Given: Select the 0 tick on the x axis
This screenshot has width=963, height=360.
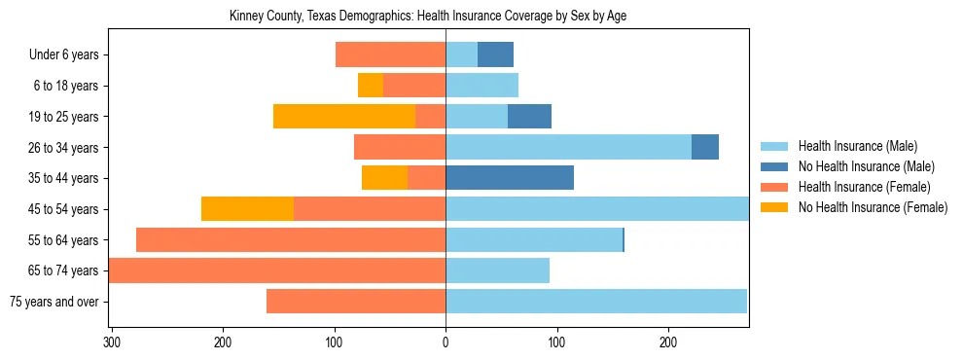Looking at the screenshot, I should pyautogui.click(x=446, y=342).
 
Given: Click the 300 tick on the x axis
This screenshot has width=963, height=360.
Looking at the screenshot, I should pyautogui.click(x=112, y=342).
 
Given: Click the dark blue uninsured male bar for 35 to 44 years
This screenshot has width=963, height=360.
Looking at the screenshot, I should pyautogui.click(x=510, y=178).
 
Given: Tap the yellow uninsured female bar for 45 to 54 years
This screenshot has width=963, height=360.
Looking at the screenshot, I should pyautogui.click(x=247, y=209).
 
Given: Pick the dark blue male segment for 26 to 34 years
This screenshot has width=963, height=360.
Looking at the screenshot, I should pyautogui.click(x=705, y=147).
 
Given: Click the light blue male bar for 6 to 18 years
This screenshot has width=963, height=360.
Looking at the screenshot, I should pyautogui.click(x=481, y=86).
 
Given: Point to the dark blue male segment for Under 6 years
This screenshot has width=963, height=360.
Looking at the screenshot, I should pyautogui.click(x=495, y=55).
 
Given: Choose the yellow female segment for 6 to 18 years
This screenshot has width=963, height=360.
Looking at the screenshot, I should pyautogui.click(x=371, y=86).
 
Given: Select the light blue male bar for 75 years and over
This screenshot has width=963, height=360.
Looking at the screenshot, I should pyautogui.click(x=596, y=302).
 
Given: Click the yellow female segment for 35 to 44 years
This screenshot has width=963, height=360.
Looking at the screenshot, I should pyautogui.click(x=384, y=178).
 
